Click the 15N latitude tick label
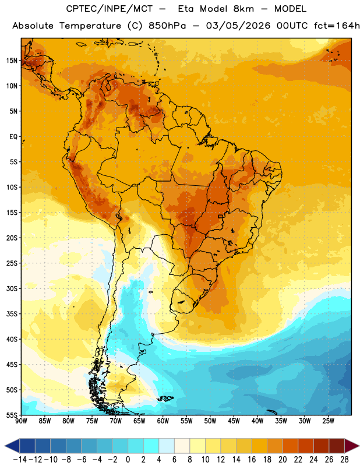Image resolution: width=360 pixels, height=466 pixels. point(12,61)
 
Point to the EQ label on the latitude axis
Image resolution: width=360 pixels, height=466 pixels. point(13,137)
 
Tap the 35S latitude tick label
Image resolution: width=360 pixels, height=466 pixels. point(12,314)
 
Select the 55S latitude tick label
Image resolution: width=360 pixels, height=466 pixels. point(12,415)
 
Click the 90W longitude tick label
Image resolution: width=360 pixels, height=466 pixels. point(21,421)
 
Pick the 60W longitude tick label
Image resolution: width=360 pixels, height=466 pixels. point(163,421)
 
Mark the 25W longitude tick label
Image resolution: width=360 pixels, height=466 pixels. point(328,421)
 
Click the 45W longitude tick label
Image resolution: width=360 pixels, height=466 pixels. point(234,421)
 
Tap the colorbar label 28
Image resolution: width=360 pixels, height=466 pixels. point(344,460)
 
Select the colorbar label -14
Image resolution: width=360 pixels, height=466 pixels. point(20,460)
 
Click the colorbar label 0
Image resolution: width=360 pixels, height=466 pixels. point(128,460)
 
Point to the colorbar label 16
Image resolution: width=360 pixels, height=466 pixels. point(252,460)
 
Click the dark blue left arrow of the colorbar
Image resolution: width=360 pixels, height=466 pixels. point(12,446)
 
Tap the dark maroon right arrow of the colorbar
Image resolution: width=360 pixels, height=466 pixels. point(352,446)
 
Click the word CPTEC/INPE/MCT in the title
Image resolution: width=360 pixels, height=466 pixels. point(109,9)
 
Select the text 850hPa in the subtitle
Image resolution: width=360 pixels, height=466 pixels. point(167,26)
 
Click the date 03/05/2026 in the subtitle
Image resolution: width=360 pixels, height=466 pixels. point(238,26)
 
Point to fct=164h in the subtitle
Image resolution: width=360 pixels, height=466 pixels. point(336,26)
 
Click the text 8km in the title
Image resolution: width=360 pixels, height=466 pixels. point(243,9)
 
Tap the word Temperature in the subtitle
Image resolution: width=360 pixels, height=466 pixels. point(90,26)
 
